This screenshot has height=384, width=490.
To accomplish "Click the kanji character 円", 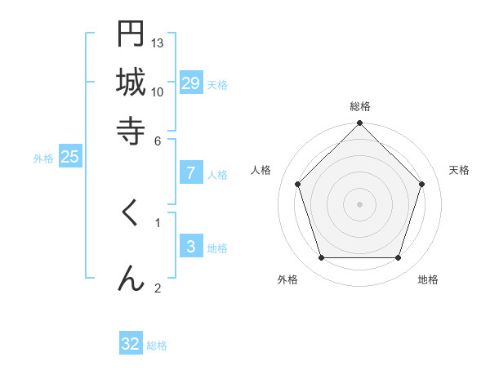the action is [131, 35].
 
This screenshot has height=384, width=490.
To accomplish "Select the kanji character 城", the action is [131, 82].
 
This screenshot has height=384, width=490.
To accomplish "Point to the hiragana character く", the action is [131, 214].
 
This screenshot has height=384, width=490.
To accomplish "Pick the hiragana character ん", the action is [131, 277].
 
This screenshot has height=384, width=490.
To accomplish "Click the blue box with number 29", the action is [190, 83].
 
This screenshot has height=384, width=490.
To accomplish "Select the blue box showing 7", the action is [190, 173].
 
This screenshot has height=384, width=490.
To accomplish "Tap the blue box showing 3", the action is [190, 247].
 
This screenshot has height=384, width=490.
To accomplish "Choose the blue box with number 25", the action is [69, 158].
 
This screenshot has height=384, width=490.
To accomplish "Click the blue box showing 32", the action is [131, 344].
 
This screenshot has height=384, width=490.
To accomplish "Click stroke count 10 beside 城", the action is [158, 92].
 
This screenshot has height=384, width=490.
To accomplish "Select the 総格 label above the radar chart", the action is [359, 106].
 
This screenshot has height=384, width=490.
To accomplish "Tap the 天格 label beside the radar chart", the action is [459, 170].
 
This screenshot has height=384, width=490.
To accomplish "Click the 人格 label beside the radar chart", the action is [261, 170].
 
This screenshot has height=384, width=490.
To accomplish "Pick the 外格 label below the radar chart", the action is [287, 279].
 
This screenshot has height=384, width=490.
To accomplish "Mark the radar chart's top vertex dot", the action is [359, 124].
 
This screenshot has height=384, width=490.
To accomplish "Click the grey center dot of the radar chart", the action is [359, 203].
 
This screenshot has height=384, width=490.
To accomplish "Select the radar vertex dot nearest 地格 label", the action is [398, 258].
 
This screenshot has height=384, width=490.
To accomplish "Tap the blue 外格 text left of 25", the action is [43, 159].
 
